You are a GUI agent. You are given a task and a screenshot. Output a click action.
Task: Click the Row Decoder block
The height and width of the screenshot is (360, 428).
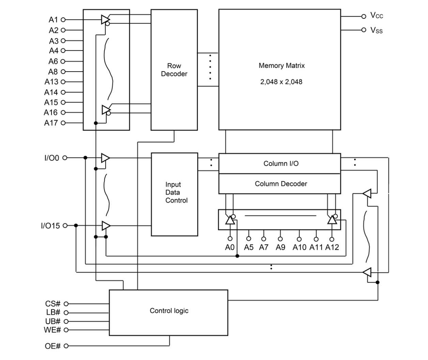174,70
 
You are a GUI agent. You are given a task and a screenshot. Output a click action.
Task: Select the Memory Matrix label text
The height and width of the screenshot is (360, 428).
281,65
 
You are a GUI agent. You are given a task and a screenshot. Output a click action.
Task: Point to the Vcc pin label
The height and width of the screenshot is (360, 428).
377,15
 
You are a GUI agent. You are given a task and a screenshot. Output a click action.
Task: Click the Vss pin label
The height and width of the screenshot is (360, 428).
377,30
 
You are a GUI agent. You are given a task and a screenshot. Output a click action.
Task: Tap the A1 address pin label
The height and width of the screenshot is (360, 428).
53,20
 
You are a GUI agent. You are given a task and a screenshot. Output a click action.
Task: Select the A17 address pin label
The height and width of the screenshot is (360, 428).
51,123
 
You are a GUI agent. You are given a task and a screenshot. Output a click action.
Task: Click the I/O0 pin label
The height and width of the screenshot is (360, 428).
52,158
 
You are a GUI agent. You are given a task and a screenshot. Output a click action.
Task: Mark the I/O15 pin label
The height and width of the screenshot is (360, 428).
50,225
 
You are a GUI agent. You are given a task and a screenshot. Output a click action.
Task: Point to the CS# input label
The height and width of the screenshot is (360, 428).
53,303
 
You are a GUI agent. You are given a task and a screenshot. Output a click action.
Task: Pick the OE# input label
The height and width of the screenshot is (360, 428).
53,346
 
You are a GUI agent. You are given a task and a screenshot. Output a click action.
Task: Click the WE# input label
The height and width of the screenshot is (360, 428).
52,330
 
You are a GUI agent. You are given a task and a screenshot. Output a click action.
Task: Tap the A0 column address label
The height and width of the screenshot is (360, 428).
230,247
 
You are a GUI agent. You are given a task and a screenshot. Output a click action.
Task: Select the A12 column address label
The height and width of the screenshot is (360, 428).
332,247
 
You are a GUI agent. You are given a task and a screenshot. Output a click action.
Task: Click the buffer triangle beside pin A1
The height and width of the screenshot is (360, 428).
105,19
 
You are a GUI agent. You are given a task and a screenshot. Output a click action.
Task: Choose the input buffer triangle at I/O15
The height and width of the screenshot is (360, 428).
106,226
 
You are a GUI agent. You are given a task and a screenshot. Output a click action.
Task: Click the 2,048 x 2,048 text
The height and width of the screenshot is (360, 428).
281,82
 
